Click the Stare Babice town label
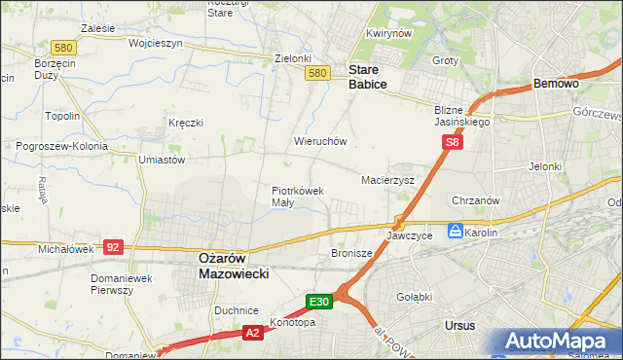click(x=368, y=78)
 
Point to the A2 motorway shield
click(x=251, y=334)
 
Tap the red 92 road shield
click(x=113, y=247)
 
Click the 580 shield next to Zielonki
click(x=315, y=73)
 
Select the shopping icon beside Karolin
click(x=455, y=232)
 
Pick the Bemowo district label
click(x=557, y=85)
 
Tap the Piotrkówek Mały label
click(x=297, y=197)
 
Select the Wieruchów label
click(x=320, y=141)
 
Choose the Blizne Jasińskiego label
click(x=462, y=117)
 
